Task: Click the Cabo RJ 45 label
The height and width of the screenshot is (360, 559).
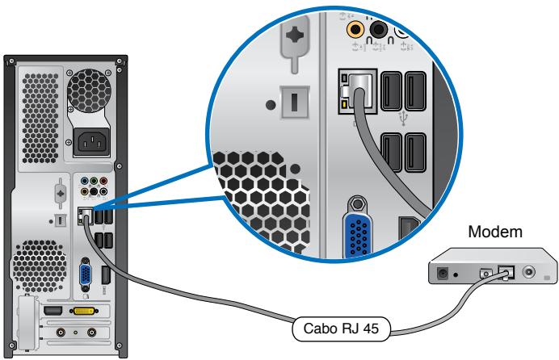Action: tap(339, 330)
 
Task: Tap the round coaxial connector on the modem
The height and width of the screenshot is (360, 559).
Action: tap(529, 274)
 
